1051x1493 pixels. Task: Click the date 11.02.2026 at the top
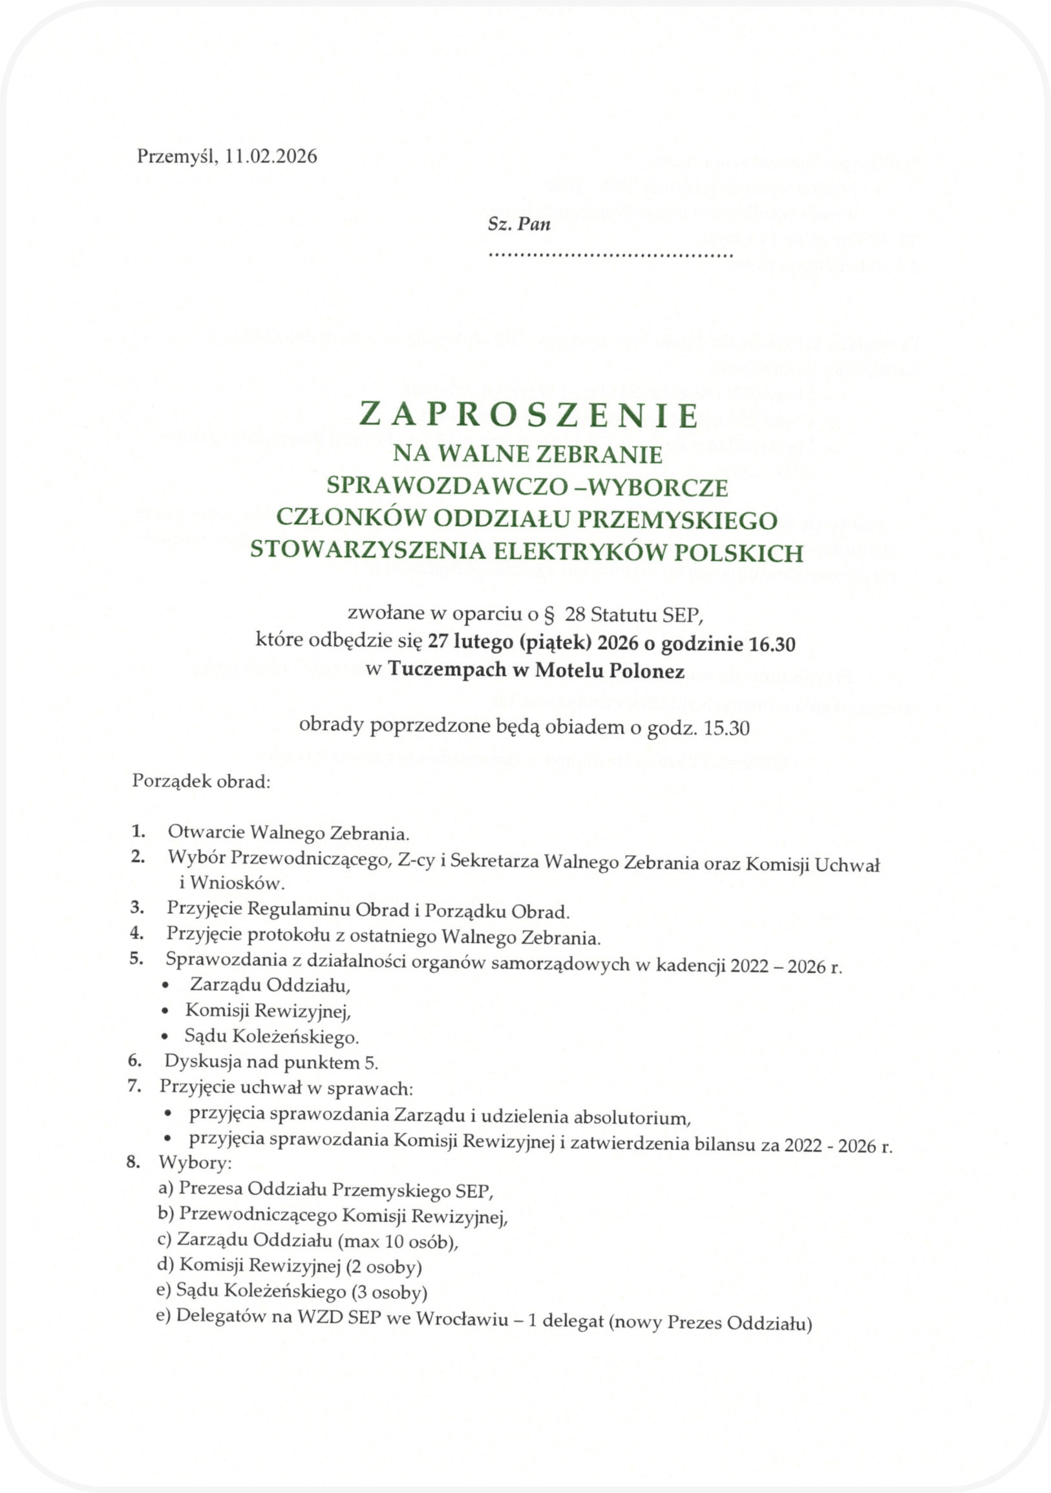(268, 157)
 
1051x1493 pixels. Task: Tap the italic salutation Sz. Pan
(518, 225)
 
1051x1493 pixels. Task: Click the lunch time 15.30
(727, 728)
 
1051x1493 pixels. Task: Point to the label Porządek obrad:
(200, 780)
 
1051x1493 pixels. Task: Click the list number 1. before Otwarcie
(138, 831)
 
